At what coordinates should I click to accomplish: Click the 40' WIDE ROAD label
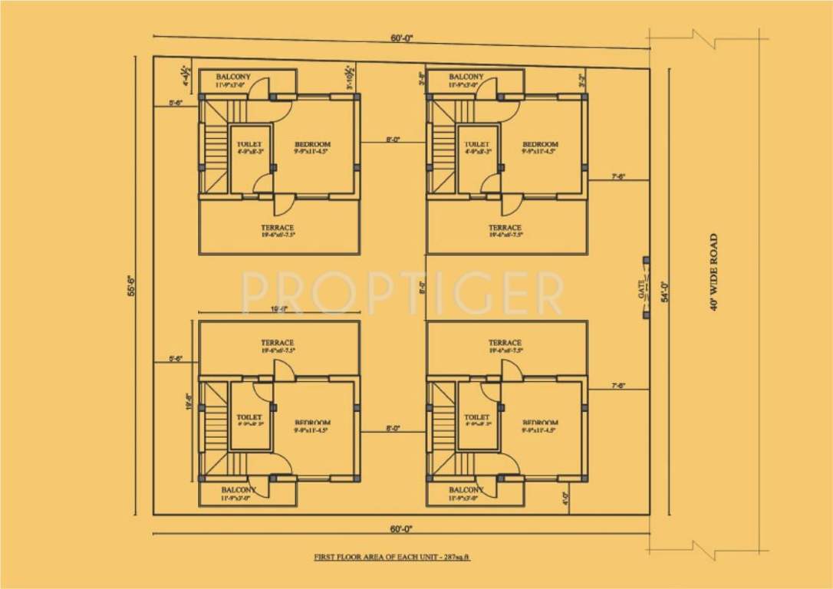[714, 272]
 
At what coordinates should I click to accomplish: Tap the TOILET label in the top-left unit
[249, 144]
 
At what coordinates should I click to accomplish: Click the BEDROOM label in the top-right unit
[540, 144]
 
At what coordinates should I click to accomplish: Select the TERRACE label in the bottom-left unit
[277, 343]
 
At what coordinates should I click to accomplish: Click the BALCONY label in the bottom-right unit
[466, 490]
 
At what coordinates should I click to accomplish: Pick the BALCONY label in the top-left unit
[233, 77]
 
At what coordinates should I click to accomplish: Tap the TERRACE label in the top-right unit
[505, 228]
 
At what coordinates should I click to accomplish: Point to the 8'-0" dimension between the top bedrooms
[393, 140]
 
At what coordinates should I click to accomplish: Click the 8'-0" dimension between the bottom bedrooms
[393, 429]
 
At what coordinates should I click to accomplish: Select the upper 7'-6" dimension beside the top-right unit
[618, 177]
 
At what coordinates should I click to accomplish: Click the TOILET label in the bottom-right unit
[476, 417]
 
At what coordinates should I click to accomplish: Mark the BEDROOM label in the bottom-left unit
[312, 423]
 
